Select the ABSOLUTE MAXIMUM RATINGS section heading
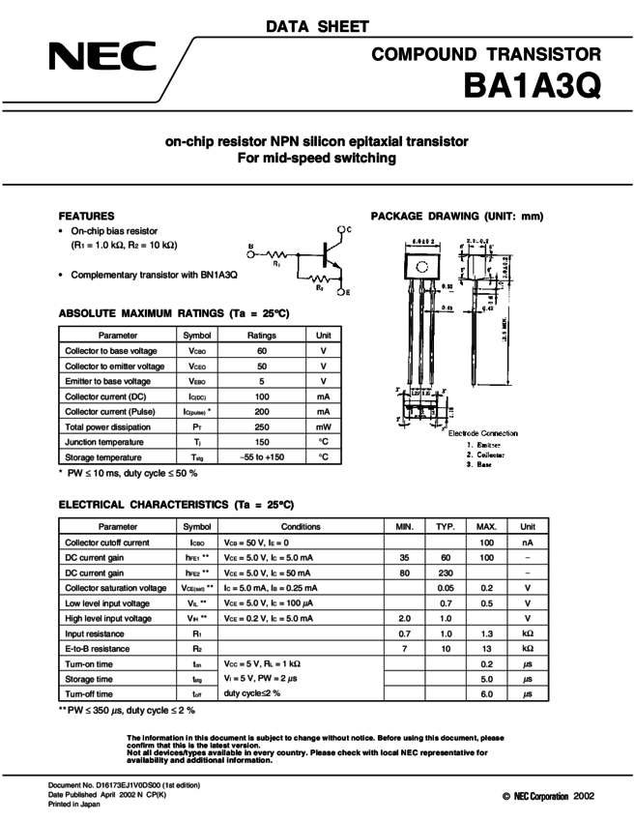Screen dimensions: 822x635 tap(174, 314)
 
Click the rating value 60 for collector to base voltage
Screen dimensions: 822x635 tap(262, 351)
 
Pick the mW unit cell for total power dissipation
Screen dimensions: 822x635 tap(323, 426)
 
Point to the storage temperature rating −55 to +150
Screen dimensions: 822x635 tap(262, 456)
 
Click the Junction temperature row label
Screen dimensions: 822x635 tap(104, 442)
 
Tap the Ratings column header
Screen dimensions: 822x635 tap(262, 335)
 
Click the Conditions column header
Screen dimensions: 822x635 tap(301, 526)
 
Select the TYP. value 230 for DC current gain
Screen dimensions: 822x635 tap(446, 572)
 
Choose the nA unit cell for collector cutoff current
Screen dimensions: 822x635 tap(528, 543)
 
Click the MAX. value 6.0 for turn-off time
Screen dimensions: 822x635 tap(486, 694)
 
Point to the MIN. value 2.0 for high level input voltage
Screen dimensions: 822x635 tap(405, 618)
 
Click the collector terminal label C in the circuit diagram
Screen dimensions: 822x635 tap(349, 229)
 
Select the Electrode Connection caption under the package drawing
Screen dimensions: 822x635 tap(482, 433)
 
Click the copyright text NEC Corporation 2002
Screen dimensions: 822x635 tap(547, 795)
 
